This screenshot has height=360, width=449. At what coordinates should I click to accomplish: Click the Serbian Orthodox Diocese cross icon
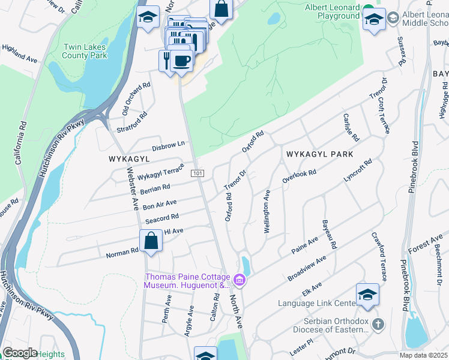[x=378, y=325]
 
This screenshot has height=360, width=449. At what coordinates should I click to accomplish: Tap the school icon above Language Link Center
[x=367, y=295]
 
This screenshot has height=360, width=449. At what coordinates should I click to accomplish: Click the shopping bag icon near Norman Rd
[x=152, y=241]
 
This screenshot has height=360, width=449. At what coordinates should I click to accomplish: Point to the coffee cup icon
[x=181, y=61]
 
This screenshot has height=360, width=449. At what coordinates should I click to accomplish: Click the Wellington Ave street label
[x=266, y=211]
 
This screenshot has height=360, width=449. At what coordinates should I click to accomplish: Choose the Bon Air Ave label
[x=160, y=205]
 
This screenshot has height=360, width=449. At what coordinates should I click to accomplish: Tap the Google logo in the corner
[x=20, y=352]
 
